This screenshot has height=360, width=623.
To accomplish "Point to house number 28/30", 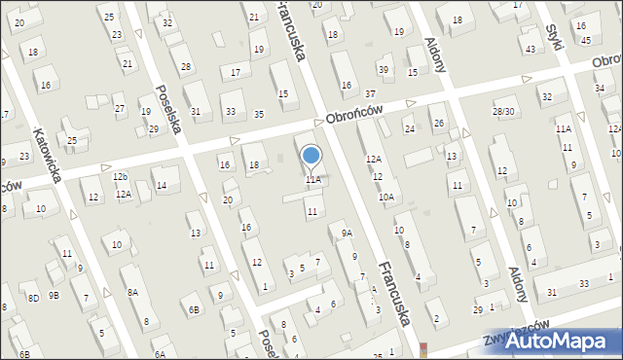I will coord(503,112).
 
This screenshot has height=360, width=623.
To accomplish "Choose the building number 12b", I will coord(120,177).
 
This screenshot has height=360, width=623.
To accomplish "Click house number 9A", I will coord(346,234).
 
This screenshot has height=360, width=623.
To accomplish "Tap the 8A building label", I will coord(131,292).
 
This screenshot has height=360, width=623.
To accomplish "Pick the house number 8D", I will coord(33,297).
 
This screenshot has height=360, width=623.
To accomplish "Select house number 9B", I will coord(55,295).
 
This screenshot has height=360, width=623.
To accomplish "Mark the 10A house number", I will coord(386,198).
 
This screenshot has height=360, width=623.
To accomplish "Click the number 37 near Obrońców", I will coord(370,93).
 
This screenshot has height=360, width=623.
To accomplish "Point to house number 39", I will coord(385,69).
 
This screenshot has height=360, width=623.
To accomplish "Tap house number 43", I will coord(531,49).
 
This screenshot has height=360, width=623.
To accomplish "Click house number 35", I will coord(258,115).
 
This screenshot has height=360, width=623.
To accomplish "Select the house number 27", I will coord(120,108).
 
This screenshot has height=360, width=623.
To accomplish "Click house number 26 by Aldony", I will coord(439,124).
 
